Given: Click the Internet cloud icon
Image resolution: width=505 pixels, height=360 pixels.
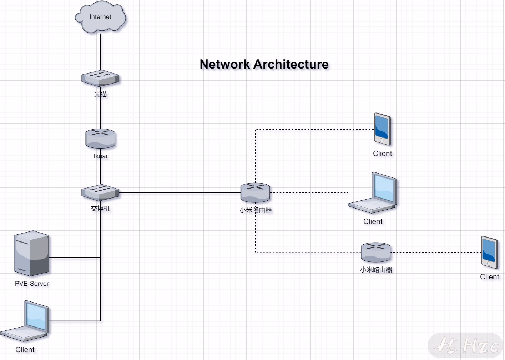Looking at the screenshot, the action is pyautogui.click(x=100, y=17).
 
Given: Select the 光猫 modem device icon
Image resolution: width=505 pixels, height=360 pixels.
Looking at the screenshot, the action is pyautogui.click(x=100, y=78).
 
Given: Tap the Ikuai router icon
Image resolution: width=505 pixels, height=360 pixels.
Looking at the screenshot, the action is pyautogui.click(x=100, y=139).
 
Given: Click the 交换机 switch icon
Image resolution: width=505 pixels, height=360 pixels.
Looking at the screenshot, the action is pyautogui.click(x=100, y=192).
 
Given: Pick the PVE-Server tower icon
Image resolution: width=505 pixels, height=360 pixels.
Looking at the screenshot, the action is pyautogui.click(x=31, y=253).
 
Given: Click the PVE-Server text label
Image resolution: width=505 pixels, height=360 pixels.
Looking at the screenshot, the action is pyautogui.click(x=32, y=284).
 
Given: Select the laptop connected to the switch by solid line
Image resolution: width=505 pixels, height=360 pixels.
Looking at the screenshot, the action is pyautogui.click(x=25, y=321).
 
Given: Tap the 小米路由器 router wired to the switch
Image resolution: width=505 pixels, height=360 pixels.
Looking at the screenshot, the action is pyautogui.click(x=255, y=192).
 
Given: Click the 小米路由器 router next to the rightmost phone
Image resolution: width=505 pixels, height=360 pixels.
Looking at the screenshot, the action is pyautogui.click(x=375, y=252).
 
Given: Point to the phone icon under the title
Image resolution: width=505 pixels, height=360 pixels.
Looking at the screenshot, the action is pyautogui.click(x=382, y=129).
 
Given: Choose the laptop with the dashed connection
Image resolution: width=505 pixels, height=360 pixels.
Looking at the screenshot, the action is pyautogui.click(x=373, y=192).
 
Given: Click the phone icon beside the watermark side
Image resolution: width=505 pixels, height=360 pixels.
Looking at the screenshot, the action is pyautogui.click(x=489, y=252).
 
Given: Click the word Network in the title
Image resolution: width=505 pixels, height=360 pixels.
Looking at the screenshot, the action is pyautogui.click(x=225, y=64).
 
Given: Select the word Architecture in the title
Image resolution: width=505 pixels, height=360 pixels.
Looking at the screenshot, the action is pyautogui.click(x=291, y=64).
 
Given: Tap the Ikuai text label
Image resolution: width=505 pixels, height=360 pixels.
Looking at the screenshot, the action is pyautogui.click(x=100, y=156).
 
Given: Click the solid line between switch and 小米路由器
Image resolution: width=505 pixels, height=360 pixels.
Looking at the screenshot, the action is pyautogui.click(x=180, y=193).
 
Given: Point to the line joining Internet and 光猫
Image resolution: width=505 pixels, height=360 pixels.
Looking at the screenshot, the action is pyautogui.click(x=100, y=52).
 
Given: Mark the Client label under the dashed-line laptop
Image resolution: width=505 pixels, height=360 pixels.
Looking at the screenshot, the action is pyautogui.click(x=373, y=221).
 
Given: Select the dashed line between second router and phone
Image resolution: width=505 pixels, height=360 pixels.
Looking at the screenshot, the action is pyautogui.click(x=436, y=252).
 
